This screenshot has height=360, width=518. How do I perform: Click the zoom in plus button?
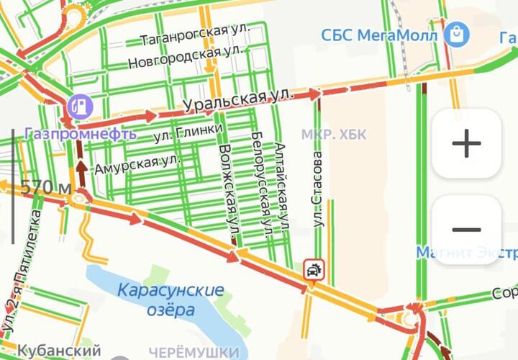(x=466, y=143)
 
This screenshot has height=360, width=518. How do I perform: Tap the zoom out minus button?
(x=466, y=230)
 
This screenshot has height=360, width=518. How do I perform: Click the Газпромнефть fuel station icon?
(x=80, y=106)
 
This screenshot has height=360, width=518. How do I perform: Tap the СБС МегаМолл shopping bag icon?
(x=456, y=33)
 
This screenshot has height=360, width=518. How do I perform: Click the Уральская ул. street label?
(x=239, y=101)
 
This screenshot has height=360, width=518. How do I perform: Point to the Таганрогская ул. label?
(x=194, y=32)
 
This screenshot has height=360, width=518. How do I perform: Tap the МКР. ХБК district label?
(x=334, y=134)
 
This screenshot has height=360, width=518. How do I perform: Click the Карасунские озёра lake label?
(x=170, y=300)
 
